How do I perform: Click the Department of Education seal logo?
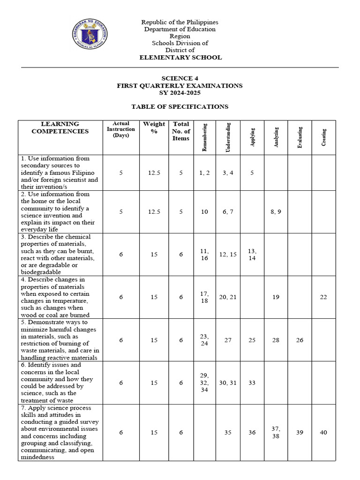[90, 36]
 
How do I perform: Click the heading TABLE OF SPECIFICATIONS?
[180, 107]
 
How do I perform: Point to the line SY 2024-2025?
[180, 93]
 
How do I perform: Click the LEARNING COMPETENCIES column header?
[60, 127]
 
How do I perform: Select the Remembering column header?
[204, 137]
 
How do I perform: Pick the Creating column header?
[323, 137]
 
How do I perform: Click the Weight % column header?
[154, 127]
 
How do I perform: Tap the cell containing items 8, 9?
[276, 212]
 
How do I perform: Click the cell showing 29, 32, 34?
[204, 383]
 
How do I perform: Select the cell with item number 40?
[323, 433]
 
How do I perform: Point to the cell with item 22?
[323, 297]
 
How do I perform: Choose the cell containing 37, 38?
[276, 433]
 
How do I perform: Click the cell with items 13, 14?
[252, 255]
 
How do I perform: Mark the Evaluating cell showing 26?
[300, 340]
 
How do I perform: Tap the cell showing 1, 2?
[204, 173]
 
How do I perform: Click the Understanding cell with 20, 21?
[228, 297]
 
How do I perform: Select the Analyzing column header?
[276, 137]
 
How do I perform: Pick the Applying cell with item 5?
[252, 173]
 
